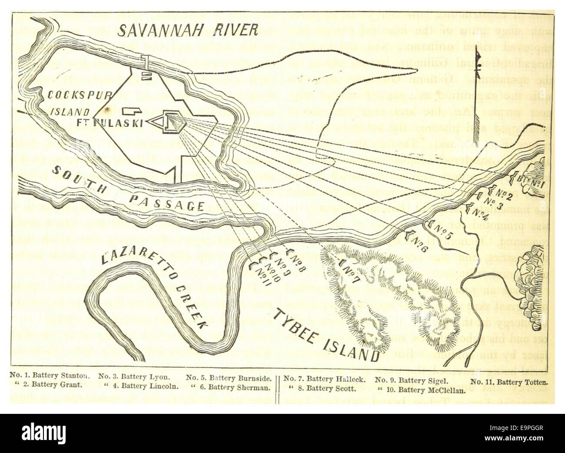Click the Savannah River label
pyautogui.click(x=188, y=30)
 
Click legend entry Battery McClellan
pyautogui.click(x=420, y=390)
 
